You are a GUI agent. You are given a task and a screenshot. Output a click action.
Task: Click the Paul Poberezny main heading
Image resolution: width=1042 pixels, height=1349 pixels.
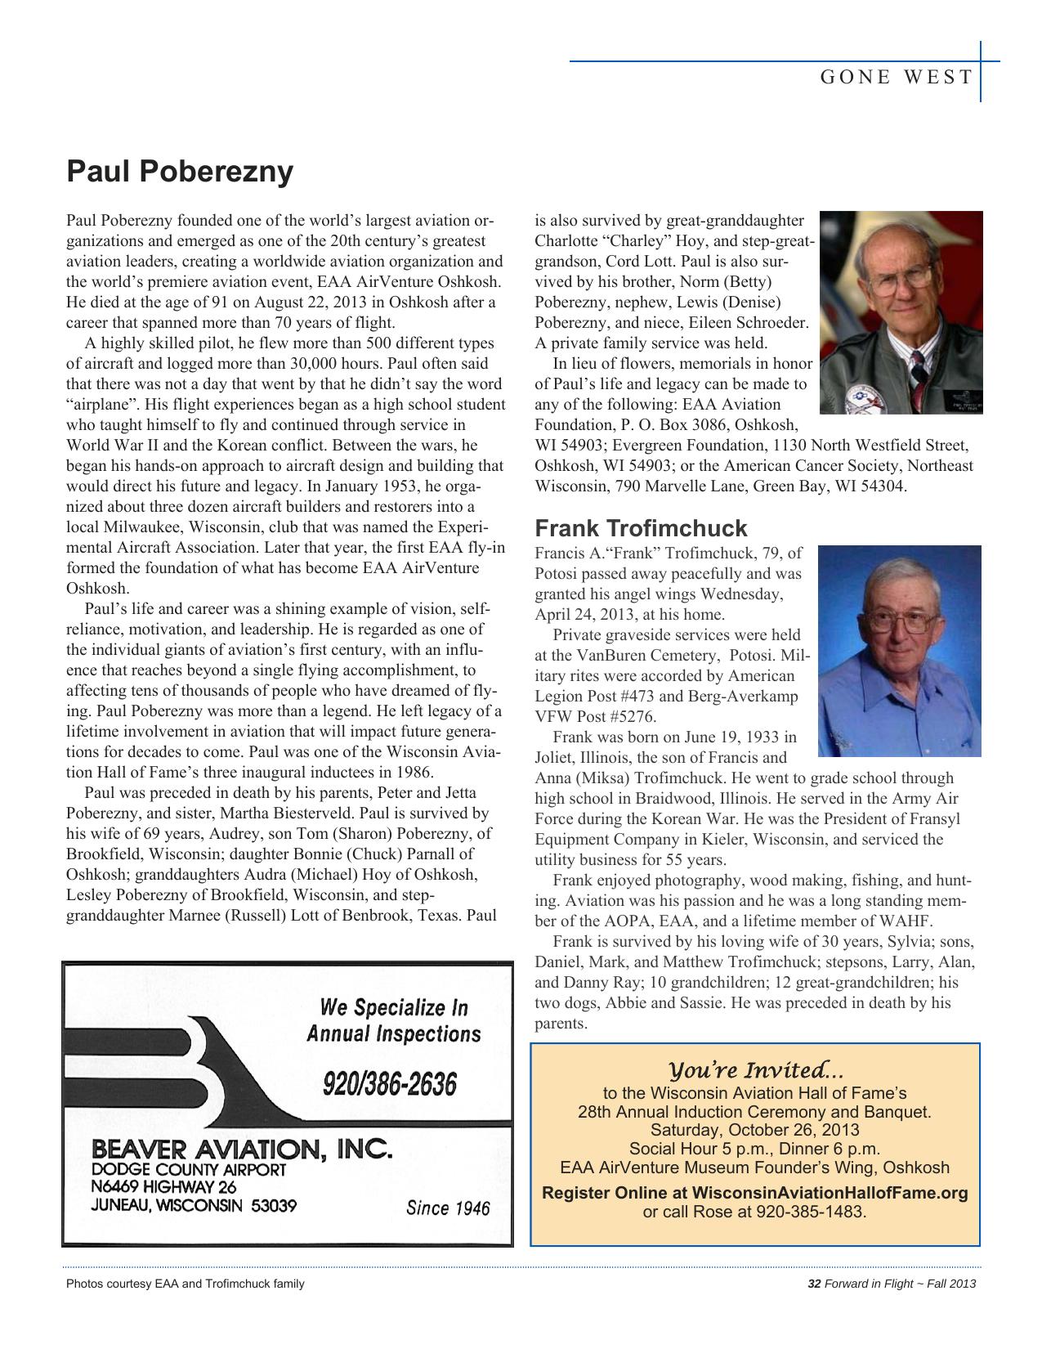click(179, 172)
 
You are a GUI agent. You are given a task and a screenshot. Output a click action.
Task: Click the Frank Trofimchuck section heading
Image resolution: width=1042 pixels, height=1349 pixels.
click(641, 528)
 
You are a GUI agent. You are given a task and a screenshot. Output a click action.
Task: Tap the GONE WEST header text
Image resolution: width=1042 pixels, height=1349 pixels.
click(896, 78)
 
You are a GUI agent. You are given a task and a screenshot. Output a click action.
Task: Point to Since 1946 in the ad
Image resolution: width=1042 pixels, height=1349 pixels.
click(447, 1208)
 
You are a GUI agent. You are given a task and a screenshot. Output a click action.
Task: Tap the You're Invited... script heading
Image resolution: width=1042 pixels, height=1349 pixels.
click(755, 1070)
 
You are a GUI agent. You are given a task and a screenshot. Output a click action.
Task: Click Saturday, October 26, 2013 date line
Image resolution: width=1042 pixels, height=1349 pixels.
click(754, 1130)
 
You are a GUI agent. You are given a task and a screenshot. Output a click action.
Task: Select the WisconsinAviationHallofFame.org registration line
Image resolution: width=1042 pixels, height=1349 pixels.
click(754, 1192)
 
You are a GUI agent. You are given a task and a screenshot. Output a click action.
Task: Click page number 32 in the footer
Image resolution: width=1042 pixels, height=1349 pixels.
click(813, 1284)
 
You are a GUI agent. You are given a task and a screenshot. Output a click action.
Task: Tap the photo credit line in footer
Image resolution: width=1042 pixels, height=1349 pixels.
click(185, 1284)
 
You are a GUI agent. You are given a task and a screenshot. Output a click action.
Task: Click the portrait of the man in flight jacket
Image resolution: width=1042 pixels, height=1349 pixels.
click(901, 311)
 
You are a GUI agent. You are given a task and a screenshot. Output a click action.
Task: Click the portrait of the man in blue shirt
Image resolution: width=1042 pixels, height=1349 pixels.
click(899, 651)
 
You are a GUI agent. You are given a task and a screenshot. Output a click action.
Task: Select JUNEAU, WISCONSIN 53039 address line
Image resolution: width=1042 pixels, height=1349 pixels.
click(194, 1205)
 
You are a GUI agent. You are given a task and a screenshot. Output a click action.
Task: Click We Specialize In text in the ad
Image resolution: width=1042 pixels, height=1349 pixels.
click(394, 1006)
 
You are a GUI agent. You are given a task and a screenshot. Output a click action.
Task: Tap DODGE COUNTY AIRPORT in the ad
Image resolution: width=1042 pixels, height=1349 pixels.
click(188, 1169)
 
